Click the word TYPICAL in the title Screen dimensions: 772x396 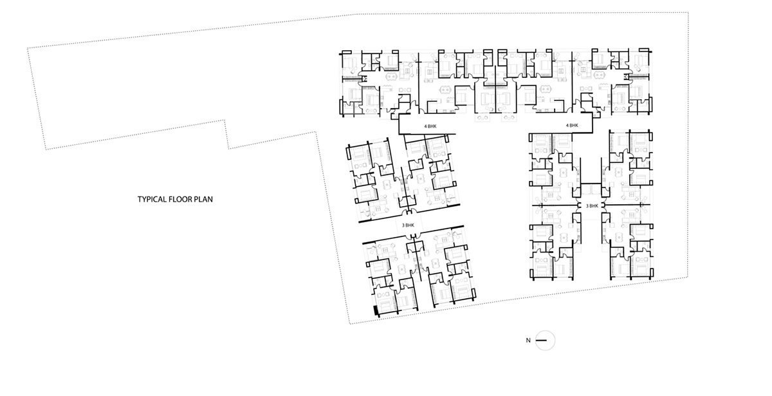click(x=151, y=200)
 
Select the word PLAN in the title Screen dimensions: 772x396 click(x=203, y=200)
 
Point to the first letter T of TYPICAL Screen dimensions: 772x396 click(x=140, y=200)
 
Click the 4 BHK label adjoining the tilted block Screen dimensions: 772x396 click(x=430, y=126)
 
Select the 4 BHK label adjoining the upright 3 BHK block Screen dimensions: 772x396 click(x=572, y=125)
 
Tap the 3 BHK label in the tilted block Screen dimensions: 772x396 click(x=408, y=225)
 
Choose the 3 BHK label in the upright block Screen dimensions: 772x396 click(x=592, y=206)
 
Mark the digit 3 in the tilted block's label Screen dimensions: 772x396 click(x=403, y=225)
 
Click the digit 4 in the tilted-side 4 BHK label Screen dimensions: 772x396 click(x=425, y=126)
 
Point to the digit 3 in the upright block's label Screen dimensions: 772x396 click(x=587, y=206)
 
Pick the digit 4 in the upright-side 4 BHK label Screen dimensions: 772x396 click(x=567, y=125)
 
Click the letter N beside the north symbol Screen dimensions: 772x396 click(x=528, y=341)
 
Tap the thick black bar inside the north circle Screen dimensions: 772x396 click(x=542, y=341)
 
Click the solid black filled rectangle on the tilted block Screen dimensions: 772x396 click(x=377, y=310)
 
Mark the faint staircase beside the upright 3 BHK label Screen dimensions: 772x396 click(x=592, y=189)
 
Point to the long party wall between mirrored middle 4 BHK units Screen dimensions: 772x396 click(x=496, y=89)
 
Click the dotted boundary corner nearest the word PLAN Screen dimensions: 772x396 click(x=225, y=120)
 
